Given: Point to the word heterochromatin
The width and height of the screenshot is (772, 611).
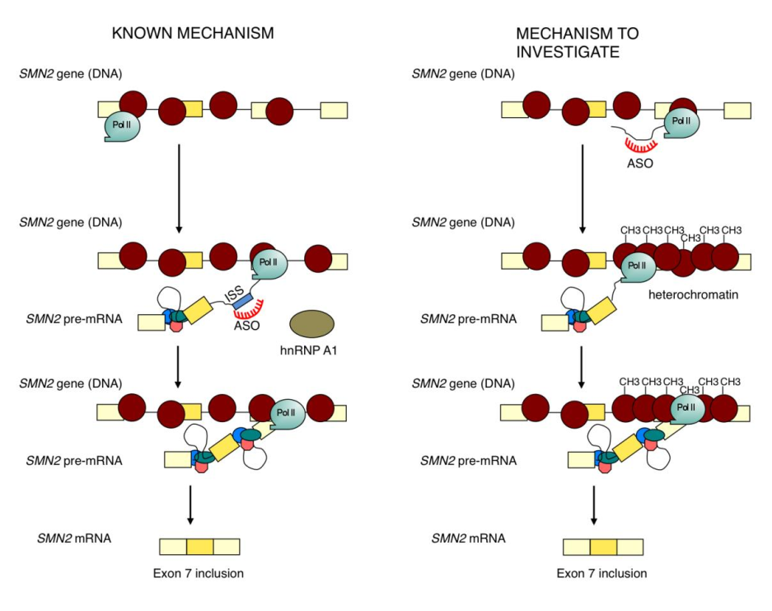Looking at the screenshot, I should click(x=685, y=294).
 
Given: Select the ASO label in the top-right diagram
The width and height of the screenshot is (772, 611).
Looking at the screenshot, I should click(x=639, y=162).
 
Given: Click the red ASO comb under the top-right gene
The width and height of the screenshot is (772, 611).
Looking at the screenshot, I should click(x=639, y=144).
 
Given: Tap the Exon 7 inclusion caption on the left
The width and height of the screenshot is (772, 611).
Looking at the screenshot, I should click(x=199, y=572).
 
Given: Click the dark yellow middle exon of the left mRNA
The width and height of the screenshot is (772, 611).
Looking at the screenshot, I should click(x=199, y=546).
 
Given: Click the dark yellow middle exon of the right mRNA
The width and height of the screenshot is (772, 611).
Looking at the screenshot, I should click(x=603, y=546).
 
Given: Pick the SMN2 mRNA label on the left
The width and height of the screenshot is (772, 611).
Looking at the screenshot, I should click(x=74, y=538).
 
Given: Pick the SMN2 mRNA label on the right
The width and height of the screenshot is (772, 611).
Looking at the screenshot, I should click(x=468, y=538).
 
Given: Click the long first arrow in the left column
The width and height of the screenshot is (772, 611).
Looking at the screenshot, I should click(x=177, y=183).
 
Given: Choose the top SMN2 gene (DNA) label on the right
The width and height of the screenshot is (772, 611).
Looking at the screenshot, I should click(x=463, y=74).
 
